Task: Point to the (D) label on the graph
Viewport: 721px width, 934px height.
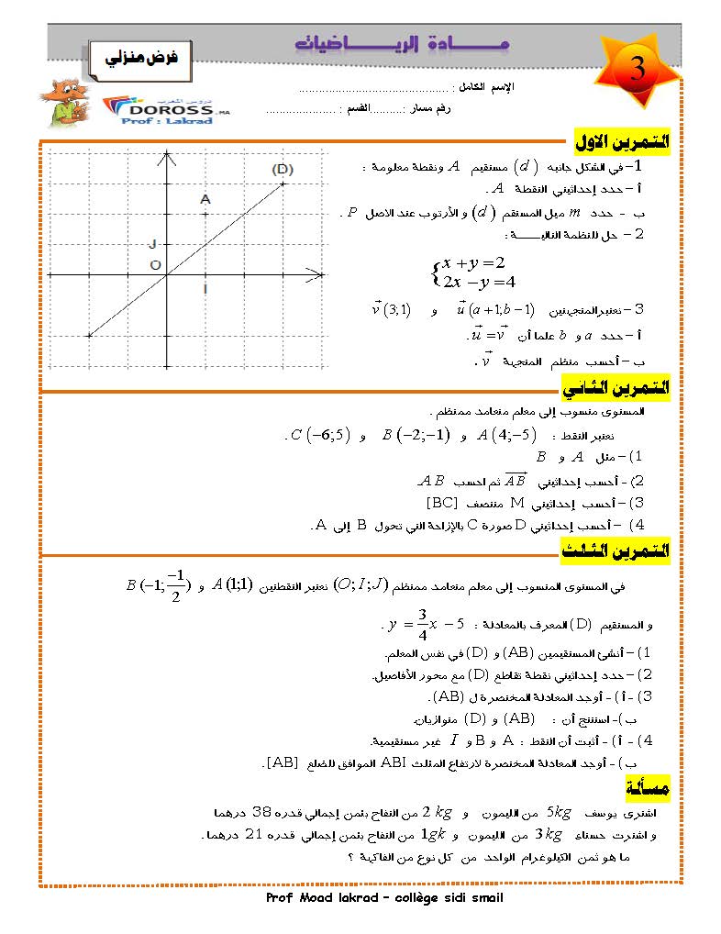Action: click(283, 169)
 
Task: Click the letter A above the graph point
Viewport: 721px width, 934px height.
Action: click(205, 199)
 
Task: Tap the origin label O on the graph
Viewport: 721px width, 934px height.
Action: click(155, 266)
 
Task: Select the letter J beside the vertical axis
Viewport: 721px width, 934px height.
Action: click(153, 243)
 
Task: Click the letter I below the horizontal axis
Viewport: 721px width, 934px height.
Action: click(205, 289)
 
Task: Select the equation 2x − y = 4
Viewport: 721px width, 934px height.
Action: click(479, 281)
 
